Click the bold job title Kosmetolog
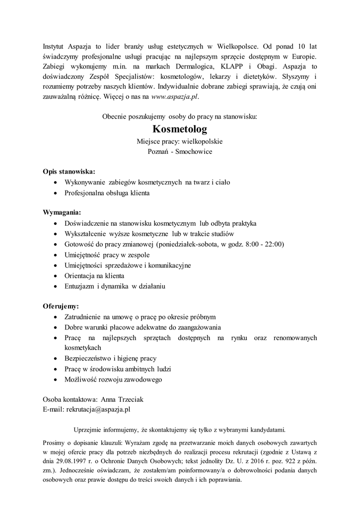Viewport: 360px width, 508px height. (180, 129)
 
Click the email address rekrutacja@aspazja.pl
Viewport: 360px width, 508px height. (98, 410)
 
